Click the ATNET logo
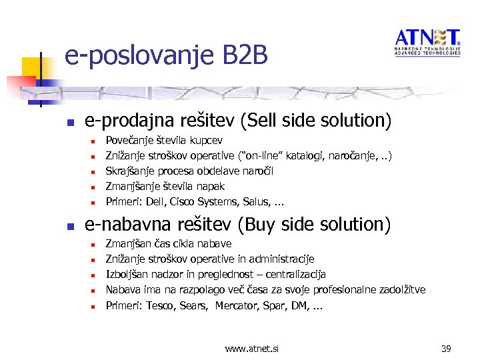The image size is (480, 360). pos(427,42)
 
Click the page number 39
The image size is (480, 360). pos(447,347)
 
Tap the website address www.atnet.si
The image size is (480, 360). pos(252,347)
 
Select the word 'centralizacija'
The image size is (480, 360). pos(294,275)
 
